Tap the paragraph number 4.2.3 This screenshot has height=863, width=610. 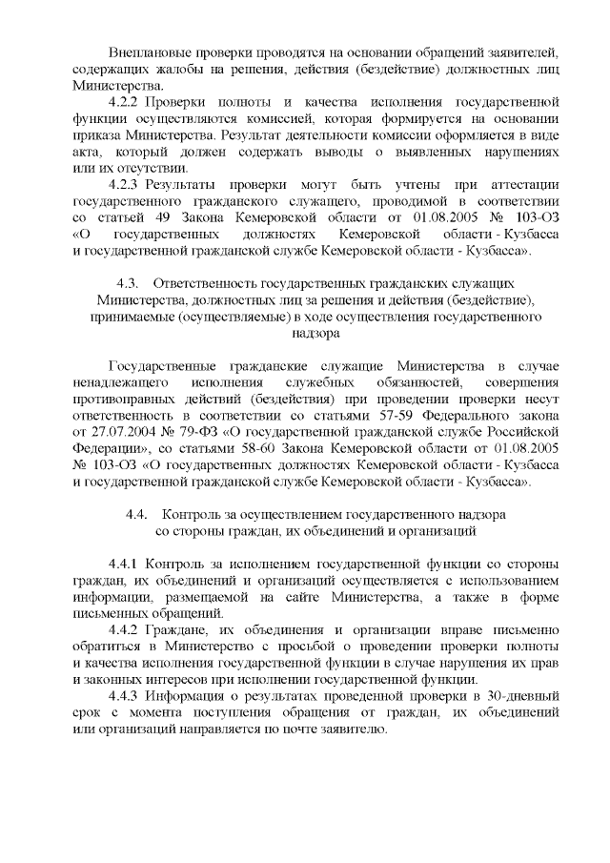click(x=127, y=183)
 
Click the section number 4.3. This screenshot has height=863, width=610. click(x=129, y=283)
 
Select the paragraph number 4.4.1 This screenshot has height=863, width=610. click(x=127, y=563)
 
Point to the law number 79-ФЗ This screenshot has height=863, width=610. click(x=185, y=432)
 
